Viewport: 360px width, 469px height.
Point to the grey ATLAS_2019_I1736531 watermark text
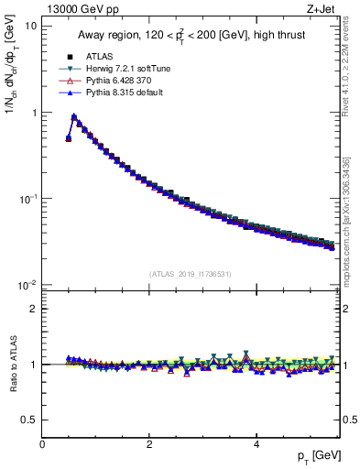pos(190,274)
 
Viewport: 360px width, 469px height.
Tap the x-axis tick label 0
pos(42,444)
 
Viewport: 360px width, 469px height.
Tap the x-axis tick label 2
pos(149,444)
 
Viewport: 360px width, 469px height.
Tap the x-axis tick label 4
pos(256,444)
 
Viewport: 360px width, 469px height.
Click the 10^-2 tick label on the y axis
pos(27,285)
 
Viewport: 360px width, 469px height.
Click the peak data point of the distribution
pos(74,116)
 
